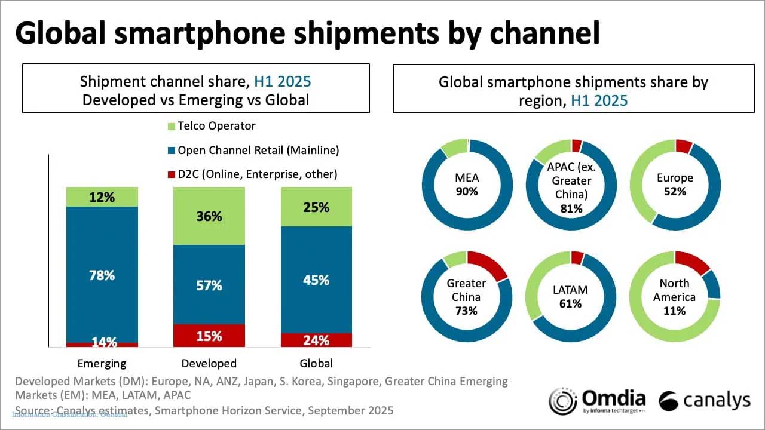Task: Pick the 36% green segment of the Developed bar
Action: pyautogui.click(x=209, y=216)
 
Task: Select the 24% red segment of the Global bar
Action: pyautogui.click(x=316, y=340)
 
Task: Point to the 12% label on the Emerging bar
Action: pyautogui.click(x=102, y=197)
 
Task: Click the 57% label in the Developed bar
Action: pyautogui.click(x=209, y=285)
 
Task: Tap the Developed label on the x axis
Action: pyautogui.click(x=209, y=363)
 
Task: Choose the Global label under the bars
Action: pyautogui.click(x=316, y=363)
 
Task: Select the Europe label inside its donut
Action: pyautogui.click(x=675, y=178)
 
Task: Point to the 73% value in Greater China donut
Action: pyautogui.click(x=466, y=311)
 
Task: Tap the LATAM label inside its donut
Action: pyautogui.click(x=571, y=290)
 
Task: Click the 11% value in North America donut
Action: pyautogui.click(x=675, y=311)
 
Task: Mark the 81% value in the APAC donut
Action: pyautogui.click(x=571, y=208)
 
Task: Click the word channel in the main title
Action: pyautogui.click(x=544, y=34)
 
